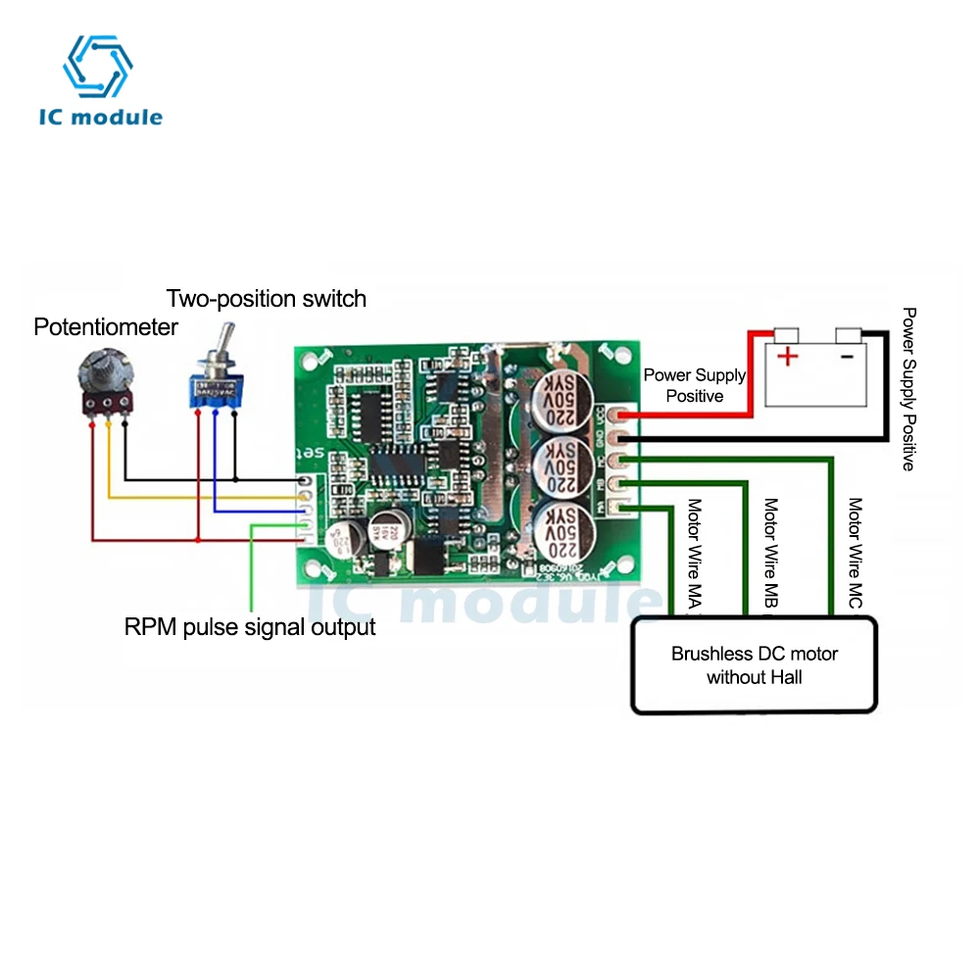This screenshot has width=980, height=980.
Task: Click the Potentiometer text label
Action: [x=106, y=327]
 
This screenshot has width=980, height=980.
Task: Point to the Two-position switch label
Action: [x=266, y=298]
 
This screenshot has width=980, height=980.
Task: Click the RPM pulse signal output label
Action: [x=250, y=626]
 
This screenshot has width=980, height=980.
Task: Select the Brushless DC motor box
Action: [x=755, y=664]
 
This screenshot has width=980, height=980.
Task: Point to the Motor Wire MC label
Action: [x=856, y=555]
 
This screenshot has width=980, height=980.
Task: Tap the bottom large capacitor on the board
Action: [x=558, y=529]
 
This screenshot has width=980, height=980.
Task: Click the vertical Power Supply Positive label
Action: [x=908, y=389]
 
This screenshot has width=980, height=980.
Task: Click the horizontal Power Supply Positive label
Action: [x=694, y=385]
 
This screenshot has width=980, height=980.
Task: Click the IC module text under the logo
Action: [x=101, y=117]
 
